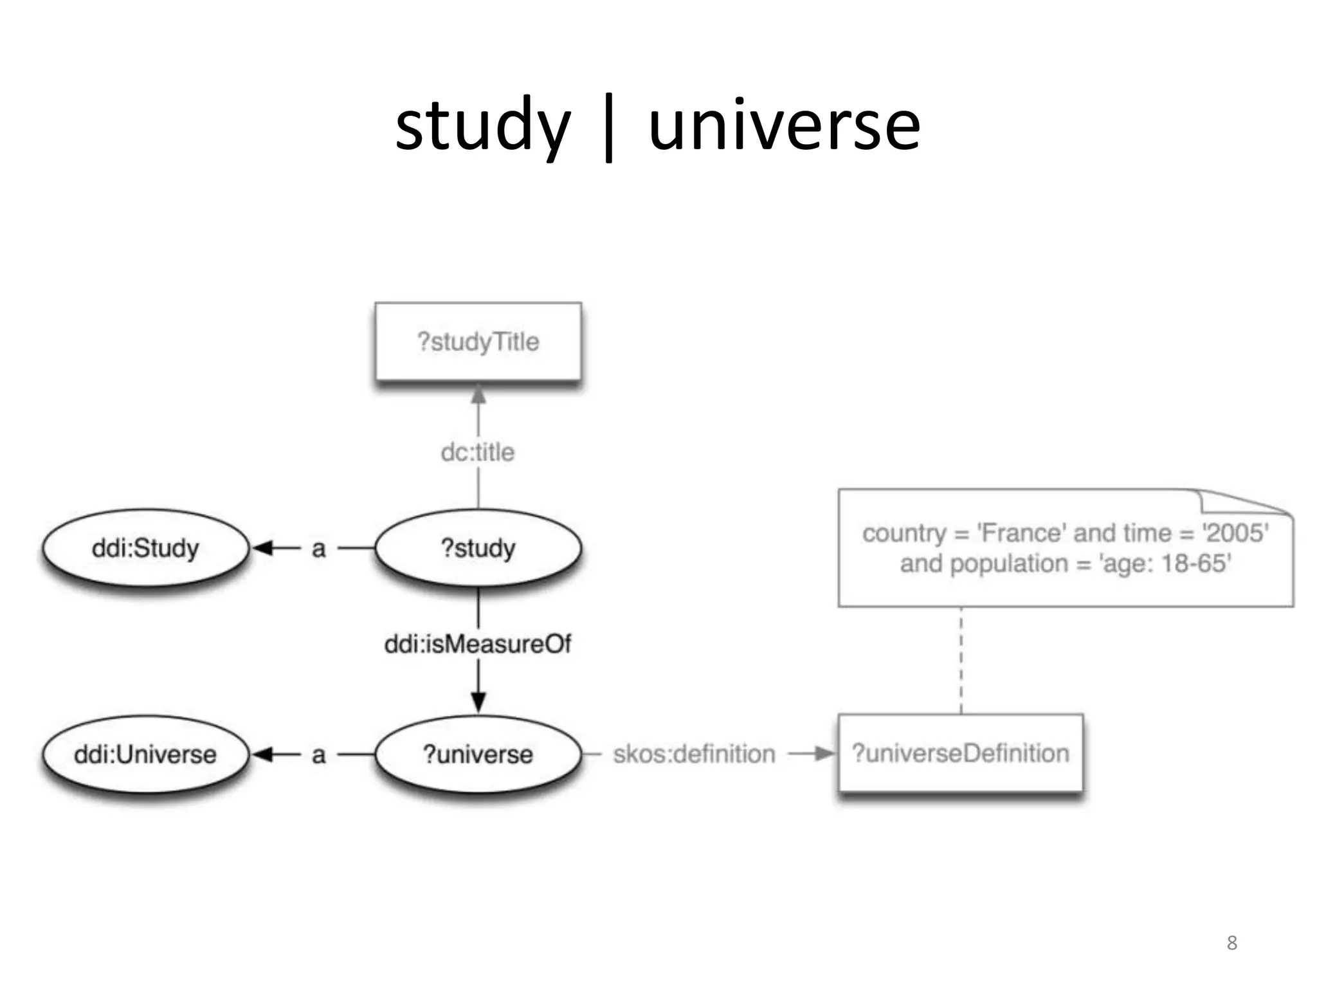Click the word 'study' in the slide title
482,126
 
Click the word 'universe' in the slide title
785,126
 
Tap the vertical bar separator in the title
608,129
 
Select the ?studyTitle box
478,342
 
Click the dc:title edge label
478,452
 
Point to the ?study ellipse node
478,548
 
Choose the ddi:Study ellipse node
145,548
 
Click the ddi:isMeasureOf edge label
478,644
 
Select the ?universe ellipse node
478,754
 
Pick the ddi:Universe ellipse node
145,754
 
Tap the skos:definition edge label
694,754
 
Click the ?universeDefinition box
960,753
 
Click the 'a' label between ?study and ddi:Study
318,549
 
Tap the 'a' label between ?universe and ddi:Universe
318,755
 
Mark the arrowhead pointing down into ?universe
478,701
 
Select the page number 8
1231,943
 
